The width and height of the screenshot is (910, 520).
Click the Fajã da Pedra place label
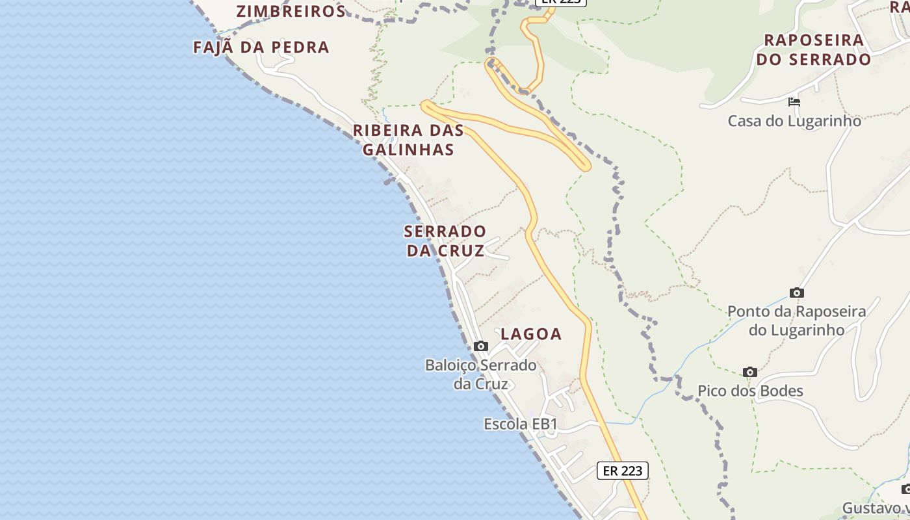261,47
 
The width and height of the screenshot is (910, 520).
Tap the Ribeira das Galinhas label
408,140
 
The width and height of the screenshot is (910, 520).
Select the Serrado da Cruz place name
445,240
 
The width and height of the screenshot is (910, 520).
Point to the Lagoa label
531,334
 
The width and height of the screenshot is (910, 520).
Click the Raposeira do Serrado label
813,49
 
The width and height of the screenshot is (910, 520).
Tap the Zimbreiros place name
291,11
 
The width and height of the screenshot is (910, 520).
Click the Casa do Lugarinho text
794,121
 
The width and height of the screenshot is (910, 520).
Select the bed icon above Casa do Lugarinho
794,102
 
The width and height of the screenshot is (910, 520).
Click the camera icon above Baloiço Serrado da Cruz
481,346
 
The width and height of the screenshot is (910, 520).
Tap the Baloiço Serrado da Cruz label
481,374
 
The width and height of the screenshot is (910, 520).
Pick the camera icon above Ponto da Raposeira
796,293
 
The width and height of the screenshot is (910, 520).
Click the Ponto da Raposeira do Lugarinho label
796,320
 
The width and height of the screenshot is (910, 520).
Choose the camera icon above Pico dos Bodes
750,372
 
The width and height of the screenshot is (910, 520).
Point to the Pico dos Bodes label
750,391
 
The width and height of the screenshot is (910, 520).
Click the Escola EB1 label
521,424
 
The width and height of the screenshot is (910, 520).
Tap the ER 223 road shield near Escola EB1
622,471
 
